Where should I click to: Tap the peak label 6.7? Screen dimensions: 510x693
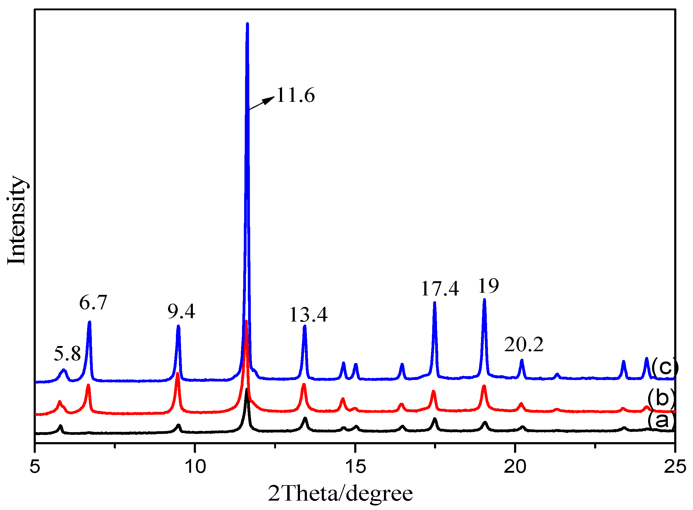pyautogui.click(x=93, y=302)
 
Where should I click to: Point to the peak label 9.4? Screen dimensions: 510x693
pyautogui.click(x=181, y=312)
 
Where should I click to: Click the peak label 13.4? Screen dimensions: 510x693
pyautogui.click(x=308, y=315)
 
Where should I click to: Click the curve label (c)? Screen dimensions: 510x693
pyautogui.click(x=664, y=366)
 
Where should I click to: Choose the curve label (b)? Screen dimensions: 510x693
pyautogui.click(x=661, y=398)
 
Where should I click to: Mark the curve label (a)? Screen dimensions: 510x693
pyautogui.click(x=661, y=420)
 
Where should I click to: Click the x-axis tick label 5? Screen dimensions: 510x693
pyautogui.click(x=35, y=466)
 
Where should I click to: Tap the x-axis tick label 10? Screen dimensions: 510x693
pyautogui.click(x=195, y=466)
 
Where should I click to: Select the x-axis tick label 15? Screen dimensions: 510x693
pyautogui.click(x=355, y=466)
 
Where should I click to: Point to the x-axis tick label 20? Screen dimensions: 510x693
pyautogui.click(x=515, y=466)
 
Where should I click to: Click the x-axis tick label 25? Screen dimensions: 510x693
pyautogui.click(x=675, y=466)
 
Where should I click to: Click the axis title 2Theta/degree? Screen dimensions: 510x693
pyautogui.click(x=340, y=494)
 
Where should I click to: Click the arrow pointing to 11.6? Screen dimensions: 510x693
pyautogui.click(x=261, y=103)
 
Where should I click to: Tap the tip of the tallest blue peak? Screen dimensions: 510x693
pyautogui.click(x=247, y=24)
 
